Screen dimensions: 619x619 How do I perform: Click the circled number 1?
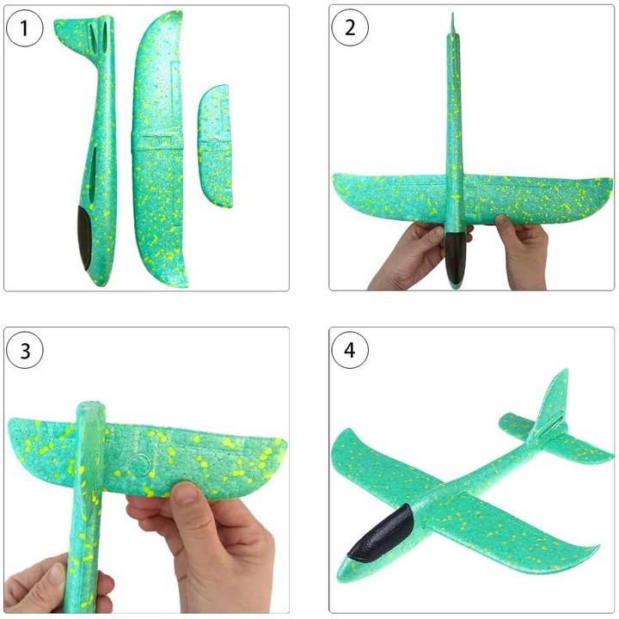(x=24, y=28)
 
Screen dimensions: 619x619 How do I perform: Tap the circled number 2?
(x=350, y=28)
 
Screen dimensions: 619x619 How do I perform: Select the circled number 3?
(x=24, y=350)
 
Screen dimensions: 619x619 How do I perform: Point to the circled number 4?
(x=350, y=350)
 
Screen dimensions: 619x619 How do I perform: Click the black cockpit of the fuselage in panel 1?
(x=84, y=238)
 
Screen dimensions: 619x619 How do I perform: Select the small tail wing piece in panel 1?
(x=215, y=146)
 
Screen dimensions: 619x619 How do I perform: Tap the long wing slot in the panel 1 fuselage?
(x=92, y=174)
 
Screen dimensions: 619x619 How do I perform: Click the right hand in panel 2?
(x=522, y=248)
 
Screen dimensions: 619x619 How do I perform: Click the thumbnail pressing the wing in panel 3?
(x=185, y=493)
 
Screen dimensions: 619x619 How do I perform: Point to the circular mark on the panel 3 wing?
(x=139, y=463)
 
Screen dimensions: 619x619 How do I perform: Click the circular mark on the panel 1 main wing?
(x=155, y=140)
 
